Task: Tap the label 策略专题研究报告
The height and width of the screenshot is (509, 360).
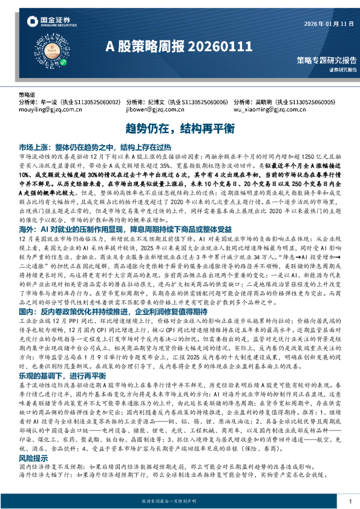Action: (x=326, y=60)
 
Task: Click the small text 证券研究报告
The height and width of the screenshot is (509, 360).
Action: (x=343, y=70)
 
